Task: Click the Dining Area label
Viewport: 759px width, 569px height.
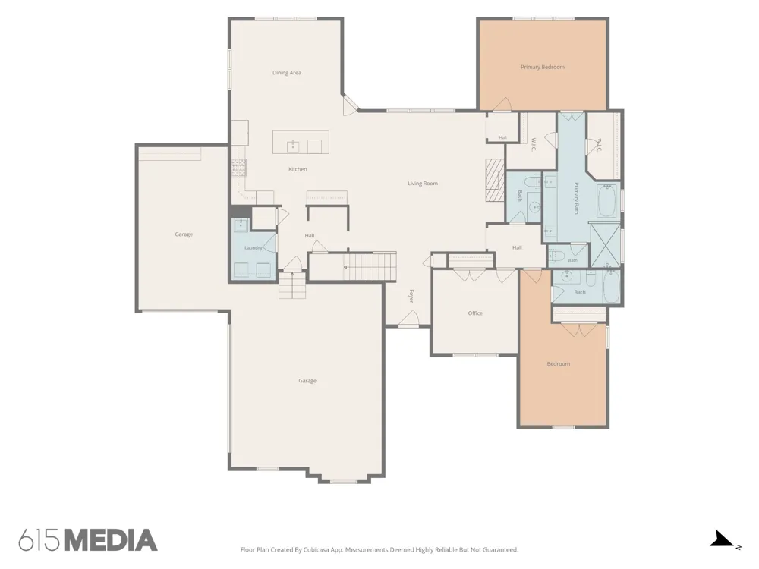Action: click(287, 73)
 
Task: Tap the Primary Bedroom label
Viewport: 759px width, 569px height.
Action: click(543, 67)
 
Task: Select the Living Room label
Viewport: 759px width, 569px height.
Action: click(423, 184)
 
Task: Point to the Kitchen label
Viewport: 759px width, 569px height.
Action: click(298, 169)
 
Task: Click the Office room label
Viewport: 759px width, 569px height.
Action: click(475, 313)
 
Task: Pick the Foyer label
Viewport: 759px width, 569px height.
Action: click(411, 296)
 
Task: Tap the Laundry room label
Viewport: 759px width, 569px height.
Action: click(254, 248)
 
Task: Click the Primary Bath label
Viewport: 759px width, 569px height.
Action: click(576, 198)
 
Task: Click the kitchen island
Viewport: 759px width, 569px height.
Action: click(301, 142)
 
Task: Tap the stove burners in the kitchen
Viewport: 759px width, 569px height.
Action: click(238, 168)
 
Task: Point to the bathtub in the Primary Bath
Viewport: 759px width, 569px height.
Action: click(608, 201)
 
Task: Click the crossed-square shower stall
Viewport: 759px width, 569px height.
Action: click(605, 245)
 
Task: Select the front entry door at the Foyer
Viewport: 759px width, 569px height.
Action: click(410, 319)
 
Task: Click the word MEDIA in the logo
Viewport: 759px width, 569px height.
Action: click(111, 540)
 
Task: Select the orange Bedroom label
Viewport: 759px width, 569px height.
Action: click(558, 364)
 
